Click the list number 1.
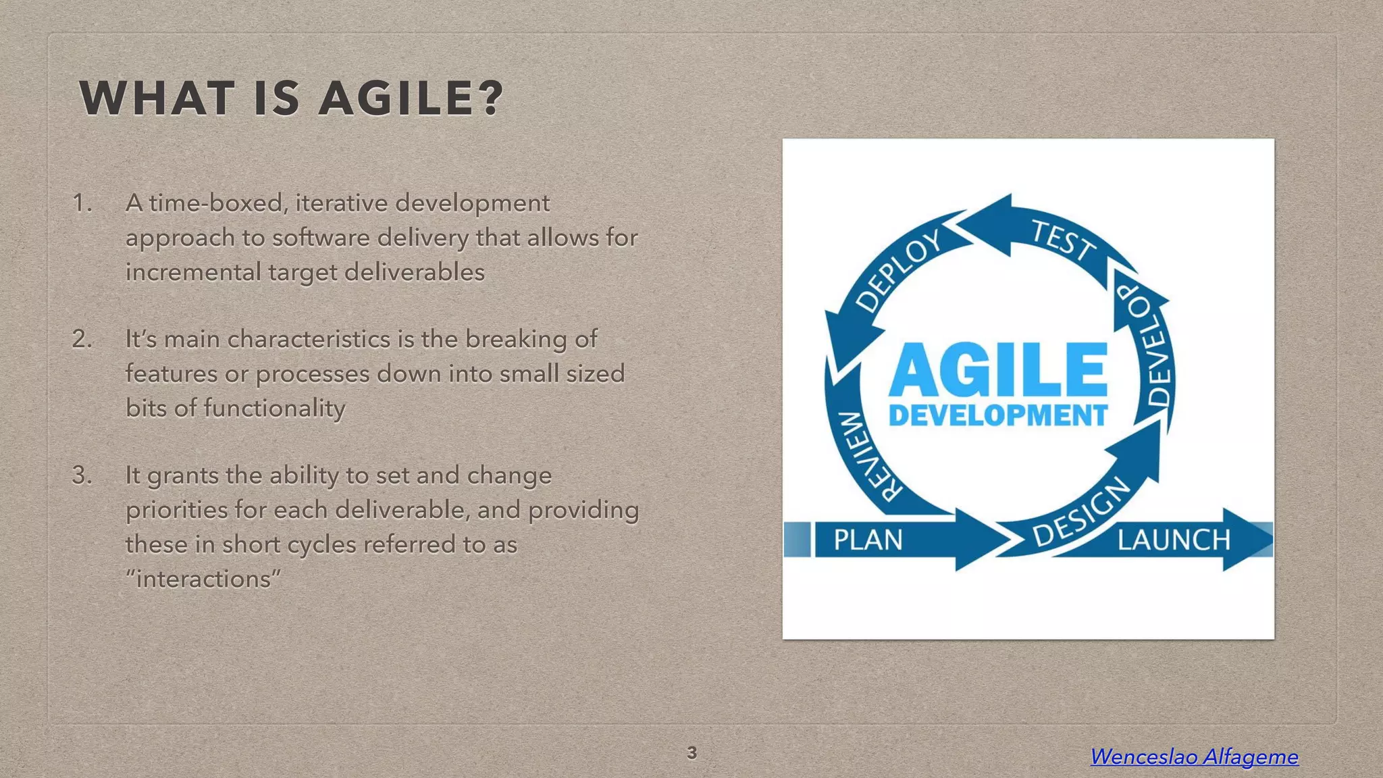82,203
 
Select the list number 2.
82,339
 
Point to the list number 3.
82,475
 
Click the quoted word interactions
203,579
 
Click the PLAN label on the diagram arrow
868,540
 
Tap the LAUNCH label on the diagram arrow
1174,540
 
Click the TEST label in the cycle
1063,240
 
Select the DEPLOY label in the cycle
899,269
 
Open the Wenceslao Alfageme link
1194,756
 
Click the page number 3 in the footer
691,753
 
